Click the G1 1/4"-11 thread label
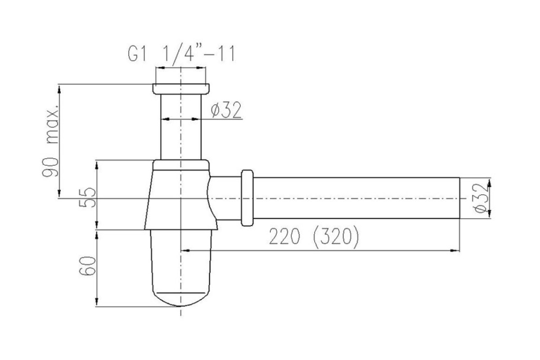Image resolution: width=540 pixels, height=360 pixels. [181, 54]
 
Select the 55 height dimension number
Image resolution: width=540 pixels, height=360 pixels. [87, 198]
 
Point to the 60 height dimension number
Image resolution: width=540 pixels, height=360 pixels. [87, 266]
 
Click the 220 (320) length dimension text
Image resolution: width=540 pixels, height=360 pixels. [314, 237]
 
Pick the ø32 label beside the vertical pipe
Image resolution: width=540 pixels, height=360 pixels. [226, 110]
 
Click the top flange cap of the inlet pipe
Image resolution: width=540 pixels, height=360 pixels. [181, 89]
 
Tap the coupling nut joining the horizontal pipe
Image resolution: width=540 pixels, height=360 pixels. [247, 198]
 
